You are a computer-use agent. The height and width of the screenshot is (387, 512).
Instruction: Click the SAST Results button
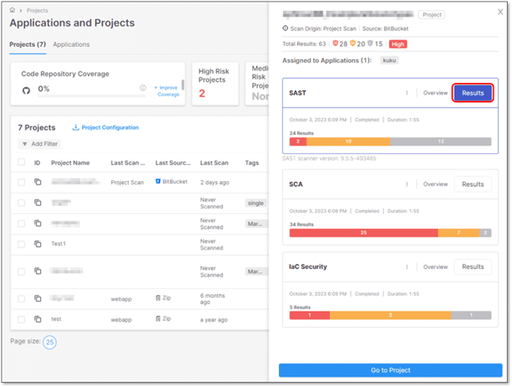pyautogui.click(x=473, y=93)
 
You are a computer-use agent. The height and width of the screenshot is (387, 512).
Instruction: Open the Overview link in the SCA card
pyautogui.click(x=435, y=184)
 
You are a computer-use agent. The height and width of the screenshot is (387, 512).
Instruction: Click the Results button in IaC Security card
pyautogui.click(x=473, y=266)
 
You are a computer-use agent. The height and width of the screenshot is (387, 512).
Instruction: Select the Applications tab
pyautogui.click(x=71, y=44)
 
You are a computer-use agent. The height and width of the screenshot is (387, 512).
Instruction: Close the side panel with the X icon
pyautogui.click(x=501, y=12)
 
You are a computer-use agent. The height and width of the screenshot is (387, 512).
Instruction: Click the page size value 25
pyautogui.click(x=49, y=342)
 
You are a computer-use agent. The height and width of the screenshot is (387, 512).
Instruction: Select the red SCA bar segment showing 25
pyautogui.click(x=363, y=233)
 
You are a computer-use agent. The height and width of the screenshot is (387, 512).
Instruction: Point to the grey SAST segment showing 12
pyautogui.click(x=441, y=142)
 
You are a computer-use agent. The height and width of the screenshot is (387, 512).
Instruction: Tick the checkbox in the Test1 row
pyautogui.click(x=21, y=244)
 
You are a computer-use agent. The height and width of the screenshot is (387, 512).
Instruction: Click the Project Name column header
pyautogui.click(x=70, y=162)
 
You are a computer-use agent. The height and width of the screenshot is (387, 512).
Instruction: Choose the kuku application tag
pyautogui.click(x=389, y=61)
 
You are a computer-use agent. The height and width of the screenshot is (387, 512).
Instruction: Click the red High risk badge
pyautogui.click(x=398, y=43)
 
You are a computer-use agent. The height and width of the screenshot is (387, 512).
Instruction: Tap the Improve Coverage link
pyautogui.click(x=167, y=90)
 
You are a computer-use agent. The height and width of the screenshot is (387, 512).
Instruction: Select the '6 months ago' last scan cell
pyautogui.click(x=215, y=299)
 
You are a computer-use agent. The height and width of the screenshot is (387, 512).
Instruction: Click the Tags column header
pyautogui.click(x=252, y=162)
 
